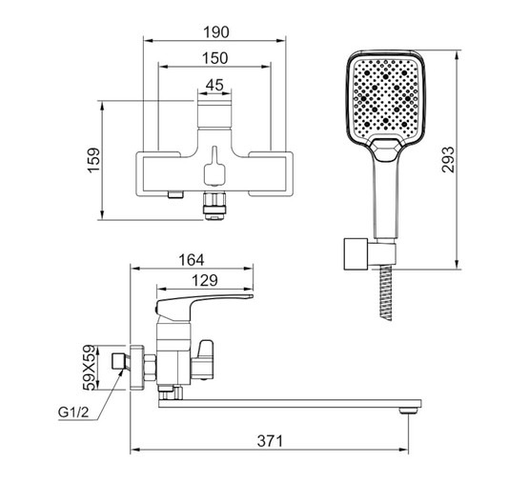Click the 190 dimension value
pos(216,32)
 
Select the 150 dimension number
pos(214,58)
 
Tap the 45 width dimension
pos(214,85)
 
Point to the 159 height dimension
pos(94,160)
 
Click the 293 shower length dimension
pos(448,160)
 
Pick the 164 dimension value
pos(192,260)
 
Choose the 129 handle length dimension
pos(205,280)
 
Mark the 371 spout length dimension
pos(270,441)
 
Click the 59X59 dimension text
pos(90,367)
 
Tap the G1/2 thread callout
pos(73,411)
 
